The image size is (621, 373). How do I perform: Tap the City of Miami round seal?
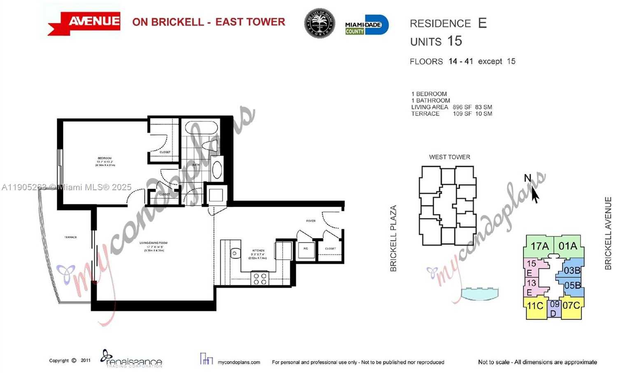319,23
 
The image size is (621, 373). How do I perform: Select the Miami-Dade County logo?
366,25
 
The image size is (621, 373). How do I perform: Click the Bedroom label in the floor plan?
105,159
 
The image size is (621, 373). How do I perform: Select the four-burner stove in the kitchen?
260,279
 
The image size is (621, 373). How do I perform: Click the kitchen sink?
235,253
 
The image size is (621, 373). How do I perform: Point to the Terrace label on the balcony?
70,238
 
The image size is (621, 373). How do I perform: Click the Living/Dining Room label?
153,243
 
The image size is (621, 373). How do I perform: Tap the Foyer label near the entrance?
311,221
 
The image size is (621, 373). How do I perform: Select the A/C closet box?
306,249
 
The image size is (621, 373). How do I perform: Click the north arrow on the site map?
534,193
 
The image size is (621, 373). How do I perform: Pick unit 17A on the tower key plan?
539,246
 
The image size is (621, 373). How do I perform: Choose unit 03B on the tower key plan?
572,270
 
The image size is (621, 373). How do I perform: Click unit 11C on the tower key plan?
535,306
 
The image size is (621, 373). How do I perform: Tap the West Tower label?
449,157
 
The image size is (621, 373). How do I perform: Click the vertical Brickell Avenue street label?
608,233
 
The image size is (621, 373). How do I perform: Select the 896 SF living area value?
462,107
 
